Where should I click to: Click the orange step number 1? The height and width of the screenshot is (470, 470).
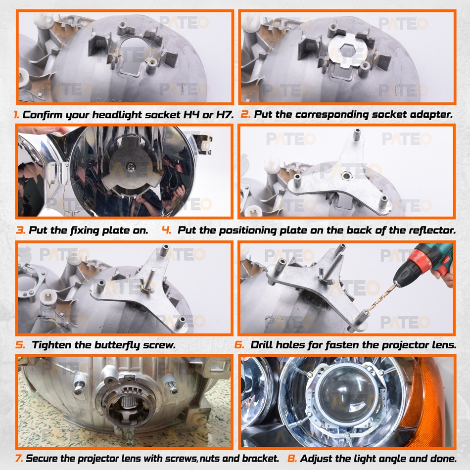click(16, 115)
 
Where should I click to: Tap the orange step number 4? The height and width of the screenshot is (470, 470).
click(166, 230)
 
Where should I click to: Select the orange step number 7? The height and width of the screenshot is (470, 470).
click(19, 458)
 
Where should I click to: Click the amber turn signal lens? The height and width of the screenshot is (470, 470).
click(432, 402)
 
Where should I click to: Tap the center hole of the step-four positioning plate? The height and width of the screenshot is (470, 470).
click(346, 176)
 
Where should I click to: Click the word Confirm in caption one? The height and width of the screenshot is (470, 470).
click(42, 115)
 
